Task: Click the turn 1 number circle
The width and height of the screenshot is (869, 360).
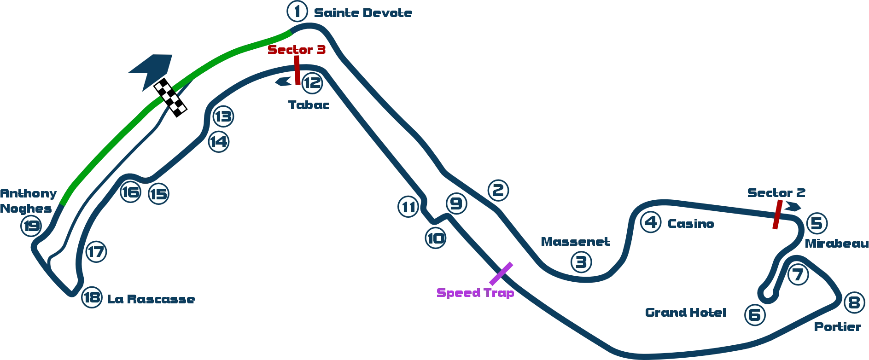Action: tap(297, 11)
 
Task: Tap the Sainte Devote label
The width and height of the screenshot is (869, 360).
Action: tap(363, 13)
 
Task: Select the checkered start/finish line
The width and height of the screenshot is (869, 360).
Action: tap(170, 97)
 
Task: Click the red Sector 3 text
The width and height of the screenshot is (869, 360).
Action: tap(297, 49)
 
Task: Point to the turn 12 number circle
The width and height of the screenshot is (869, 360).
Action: tap(312, 83)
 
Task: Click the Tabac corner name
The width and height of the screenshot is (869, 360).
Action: tap(309, 105)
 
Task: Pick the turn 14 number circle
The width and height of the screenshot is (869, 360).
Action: tap(218, 141)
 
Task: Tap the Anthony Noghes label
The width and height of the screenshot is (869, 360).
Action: tap(28, 201)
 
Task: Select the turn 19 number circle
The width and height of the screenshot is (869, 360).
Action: tap(31, 226)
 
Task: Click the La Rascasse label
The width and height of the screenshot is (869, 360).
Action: tap(151, 299)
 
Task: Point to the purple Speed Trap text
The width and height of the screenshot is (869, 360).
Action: tap(475, 293)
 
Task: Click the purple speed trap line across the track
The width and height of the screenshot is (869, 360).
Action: tap(501, 274)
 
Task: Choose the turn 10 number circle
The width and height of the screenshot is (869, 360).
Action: tap(436, 238)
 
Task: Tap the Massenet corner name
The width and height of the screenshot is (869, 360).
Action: tap(575, 242)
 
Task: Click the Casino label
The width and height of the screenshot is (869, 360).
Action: tap(691, 224)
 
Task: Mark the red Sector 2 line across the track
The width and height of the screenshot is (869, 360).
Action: tap(777, 215)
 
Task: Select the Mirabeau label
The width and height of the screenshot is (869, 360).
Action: tap(836, 244)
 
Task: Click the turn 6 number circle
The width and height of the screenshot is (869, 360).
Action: tap(755, 315)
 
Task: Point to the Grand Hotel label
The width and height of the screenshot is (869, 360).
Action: tap(686, 313)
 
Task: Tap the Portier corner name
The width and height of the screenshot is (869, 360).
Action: tap(838, 327)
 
